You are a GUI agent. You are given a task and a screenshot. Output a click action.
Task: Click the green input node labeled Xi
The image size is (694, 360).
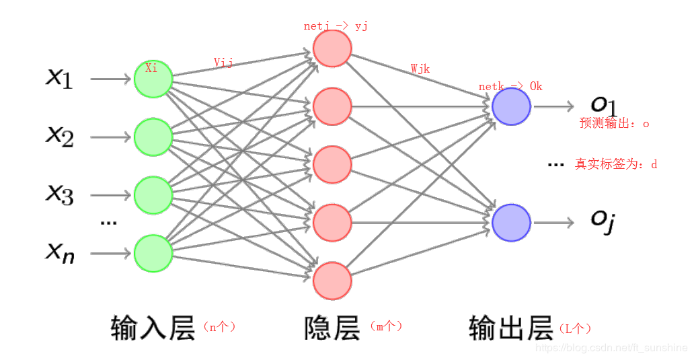153,79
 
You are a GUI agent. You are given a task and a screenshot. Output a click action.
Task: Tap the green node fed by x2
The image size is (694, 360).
153,137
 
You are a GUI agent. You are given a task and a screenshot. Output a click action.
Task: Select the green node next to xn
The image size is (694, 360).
153,253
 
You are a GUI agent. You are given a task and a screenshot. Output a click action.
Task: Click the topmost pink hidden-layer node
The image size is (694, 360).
332,48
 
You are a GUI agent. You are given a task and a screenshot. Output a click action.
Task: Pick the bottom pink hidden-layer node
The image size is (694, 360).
332,280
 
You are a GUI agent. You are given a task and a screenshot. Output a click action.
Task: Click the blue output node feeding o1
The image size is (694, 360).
511,106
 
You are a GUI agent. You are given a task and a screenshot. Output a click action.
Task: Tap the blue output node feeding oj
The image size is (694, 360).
511,223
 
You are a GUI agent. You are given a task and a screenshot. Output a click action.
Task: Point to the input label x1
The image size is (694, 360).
59,78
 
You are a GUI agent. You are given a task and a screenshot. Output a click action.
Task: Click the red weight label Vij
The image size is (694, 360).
223,63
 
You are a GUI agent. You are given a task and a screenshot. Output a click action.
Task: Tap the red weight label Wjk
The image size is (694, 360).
420,69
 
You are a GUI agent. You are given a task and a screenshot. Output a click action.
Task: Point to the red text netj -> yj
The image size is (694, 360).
336,26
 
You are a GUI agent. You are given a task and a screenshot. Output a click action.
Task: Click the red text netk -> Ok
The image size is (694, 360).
510,87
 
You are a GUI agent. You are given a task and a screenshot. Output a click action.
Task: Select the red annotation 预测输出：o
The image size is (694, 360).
614,124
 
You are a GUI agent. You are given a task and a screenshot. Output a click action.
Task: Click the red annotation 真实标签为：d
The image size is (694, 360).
615,164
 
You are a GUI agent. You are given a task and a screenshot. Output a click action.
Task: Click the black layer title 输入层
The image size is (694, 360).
153,328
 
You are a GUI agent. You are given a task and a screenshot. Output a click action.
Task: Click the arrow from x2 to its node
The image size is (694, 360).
110,137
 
